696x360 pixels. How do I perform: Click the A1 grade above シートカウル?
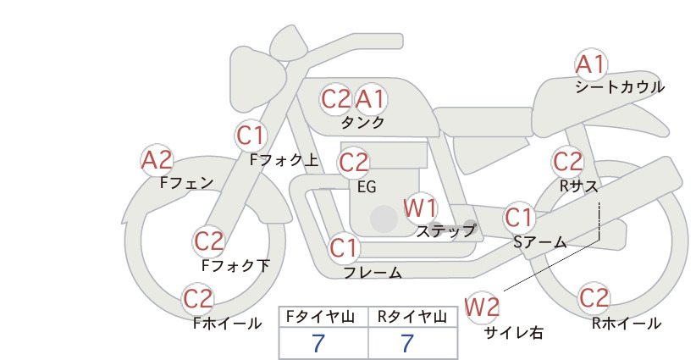591,65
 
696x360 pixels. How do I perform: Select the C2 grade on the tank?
336,99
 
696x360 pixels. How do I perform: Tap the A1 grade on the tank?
370,99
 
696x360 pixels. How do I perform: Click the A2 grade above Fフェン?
157,160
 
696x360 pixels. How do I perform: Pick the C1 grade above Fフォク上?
251,136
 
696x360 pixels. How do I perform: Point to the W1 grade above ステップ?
420,208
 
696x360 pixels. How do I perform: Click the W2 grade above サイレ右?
482,307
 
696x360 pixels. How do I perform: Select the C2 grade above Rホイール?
594,298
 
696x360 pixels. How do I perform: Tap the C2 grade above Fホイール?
198,299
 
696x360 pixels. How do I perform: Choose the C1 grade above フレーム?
344,247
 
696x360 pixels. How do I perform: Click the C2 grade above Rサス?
567,162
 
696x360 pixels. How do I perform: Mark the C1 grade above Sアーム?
518,218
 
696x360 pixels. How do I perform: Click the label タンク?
362,122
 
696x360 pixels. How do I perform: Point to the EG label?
367,187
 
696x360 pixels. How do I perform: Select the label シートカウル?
620,87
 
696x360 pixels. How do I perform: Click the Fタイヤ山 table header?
320,317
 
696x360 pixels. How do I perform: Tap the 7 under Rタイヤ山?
407,343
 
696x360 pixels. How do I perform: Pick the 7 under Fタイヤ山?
318,343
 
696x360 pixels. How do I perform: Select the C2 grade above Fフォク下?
208,241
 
